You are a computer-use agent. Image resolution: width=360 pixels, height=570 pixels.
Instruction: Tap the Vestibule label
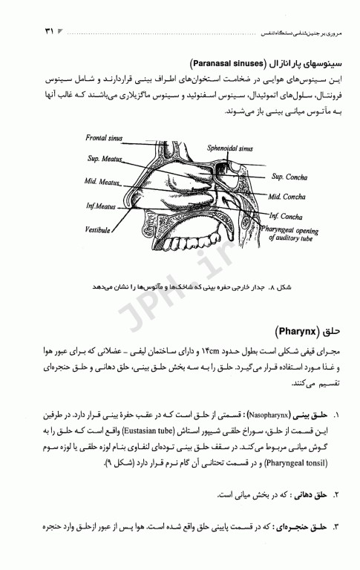[x=98, y=229]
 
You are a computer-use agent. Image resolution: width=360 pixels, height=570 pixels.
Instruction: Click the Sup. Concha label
[x=287, y=177]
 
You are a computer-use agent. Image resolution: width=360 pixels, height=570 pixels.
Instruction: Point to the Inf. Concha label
[x=286, y=217]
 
